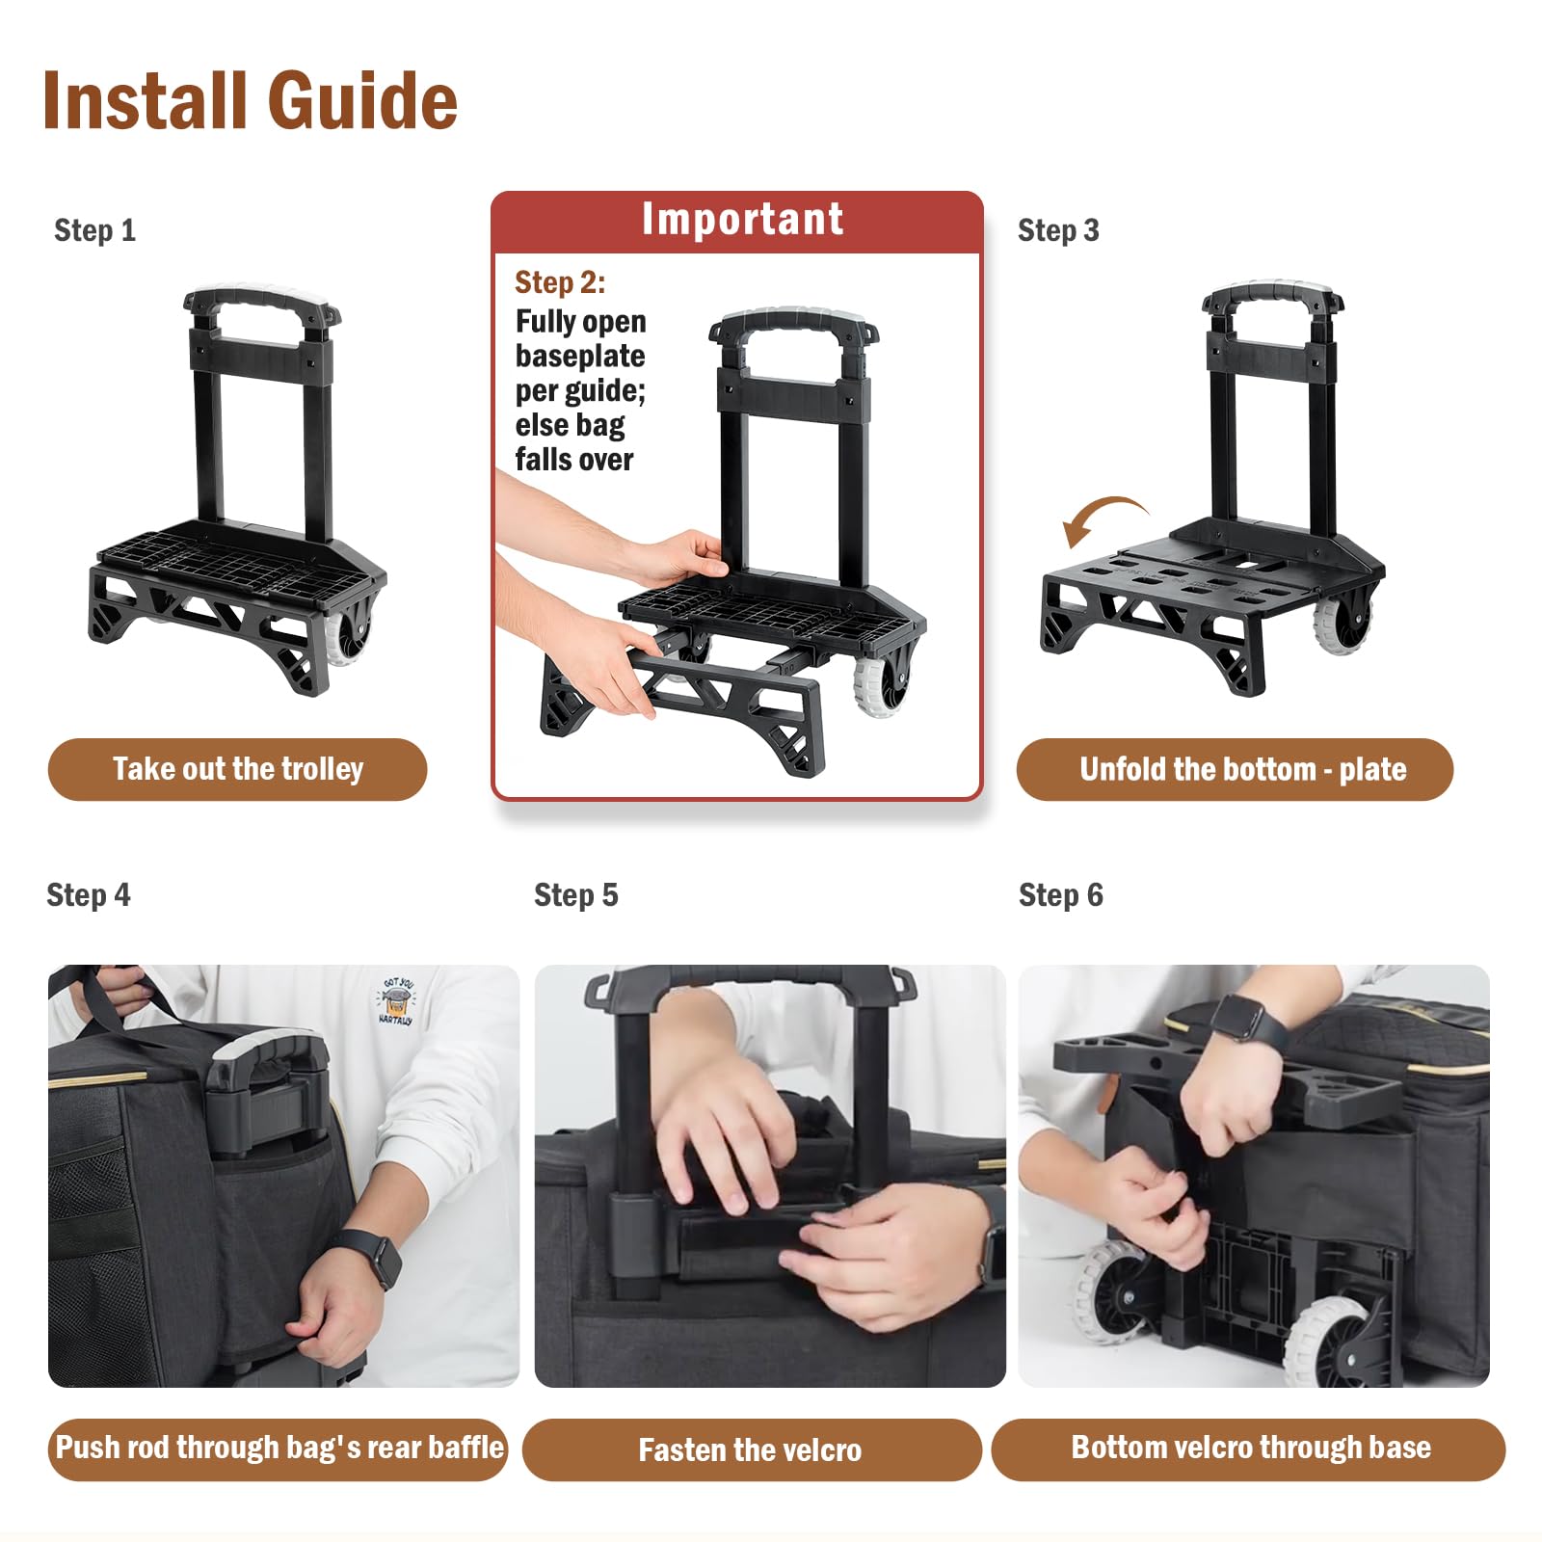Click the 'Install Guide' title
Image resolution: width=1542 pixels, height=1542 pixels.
(x=251, y=100)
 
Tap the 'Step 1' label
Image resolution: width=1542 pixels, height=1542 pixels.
(x=94, y=230)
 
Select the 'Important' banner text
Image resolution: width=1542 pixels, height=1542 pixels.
(x=743, y=220)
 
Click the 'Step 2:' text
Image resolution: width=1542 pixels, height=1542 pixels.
(x=560, y=282)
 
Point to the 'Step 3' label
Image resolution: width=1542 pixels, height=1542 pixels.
(x=1058, y=230)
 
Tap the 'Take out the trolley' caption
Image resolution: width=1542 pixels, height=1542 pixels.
(x=238, y=769)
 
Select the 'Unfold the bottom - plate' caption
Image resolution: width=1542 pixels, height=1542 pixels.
(x=1243, y=769)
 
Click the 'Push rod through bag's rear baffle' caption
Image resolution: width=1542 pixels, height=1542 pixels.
(x=279, y=1448)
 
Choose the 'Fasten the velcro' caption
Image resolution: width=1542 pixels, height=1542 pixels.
(x=750, y=1449)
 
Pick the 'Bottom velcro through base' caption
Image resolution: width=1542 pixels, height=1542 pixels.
(x=1251, y=1448)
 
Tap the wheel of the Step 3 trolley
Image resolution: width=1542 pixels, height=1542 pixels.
(x=1341, y=624)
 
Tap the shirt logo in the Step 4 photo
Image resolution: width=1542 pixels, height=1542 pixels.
(x=396, y=1000)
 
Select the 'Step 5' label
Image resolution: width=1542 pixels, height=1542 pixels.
(x=575, y=895)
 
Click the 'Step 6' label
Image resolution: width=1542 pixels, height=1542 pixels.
(x=1060, y=895)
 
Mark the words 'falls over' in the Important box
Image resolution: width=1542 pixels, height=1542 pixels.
(x=574, y=460)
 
